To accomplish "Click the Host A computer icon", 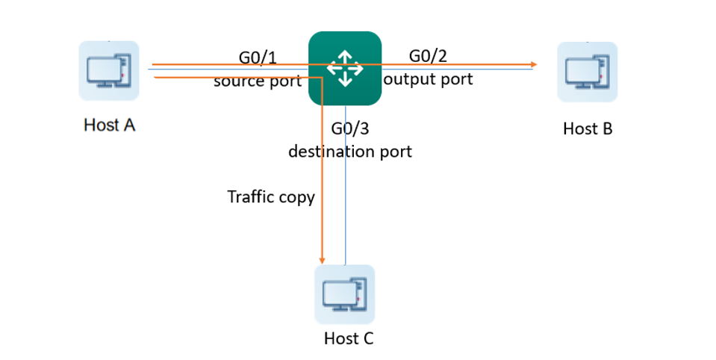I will click(109, 70).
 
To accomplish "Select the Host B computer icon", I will click(587, 72).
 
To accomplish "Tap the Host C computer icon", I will click(344, 294).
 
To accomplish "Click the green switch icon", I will click(345, 68).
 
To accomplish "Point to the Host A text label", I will click(109, 125).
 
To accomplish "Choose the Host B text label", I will click(588, 128).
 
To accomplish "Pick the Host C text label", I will click(348, 338).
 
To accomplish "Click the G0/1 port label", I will click(258, 58).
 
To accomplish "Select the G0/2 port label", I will click(428, 55).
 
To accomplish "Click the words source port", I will click(258, 81).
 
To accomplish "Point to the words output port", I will click(428, 78).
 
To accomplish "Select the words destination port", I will click(350, 152).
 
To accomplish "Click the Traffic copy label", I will click(271, 197).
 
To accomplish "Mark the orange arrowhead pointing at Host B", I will click(534, 65).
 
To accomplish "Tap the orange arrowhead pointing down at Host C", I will click(322, 258).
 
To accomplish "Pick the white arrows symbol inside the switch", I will click(345, 67).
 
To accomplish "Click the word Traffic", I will click(250, 197).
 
